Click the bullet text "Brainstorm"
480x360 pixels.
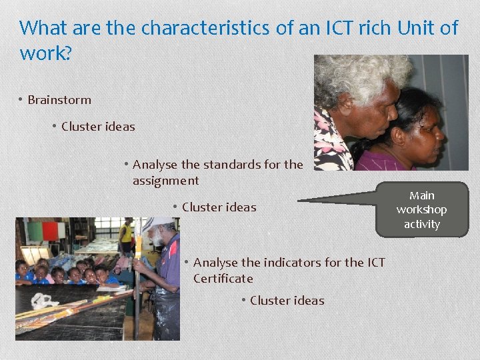[x=59, y=100]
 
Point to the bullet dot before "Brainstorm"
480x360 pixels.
[x=21, y=100]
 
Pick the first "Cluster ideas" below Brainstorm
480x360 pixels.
[x=98, y=127]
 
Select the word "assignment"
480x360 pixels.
[x=165, y=181]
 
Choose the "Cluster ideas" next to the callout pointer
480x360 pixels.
[x=219, y=207]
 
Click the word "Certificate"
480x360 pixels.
[x=223, y=279]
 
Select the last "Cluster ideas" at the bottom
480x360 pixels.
[x=287, y=301]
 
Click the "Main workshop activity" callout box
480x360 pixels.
[x=421, y=210]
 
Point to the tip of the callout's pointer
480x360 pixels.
[x=299, y=200]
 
